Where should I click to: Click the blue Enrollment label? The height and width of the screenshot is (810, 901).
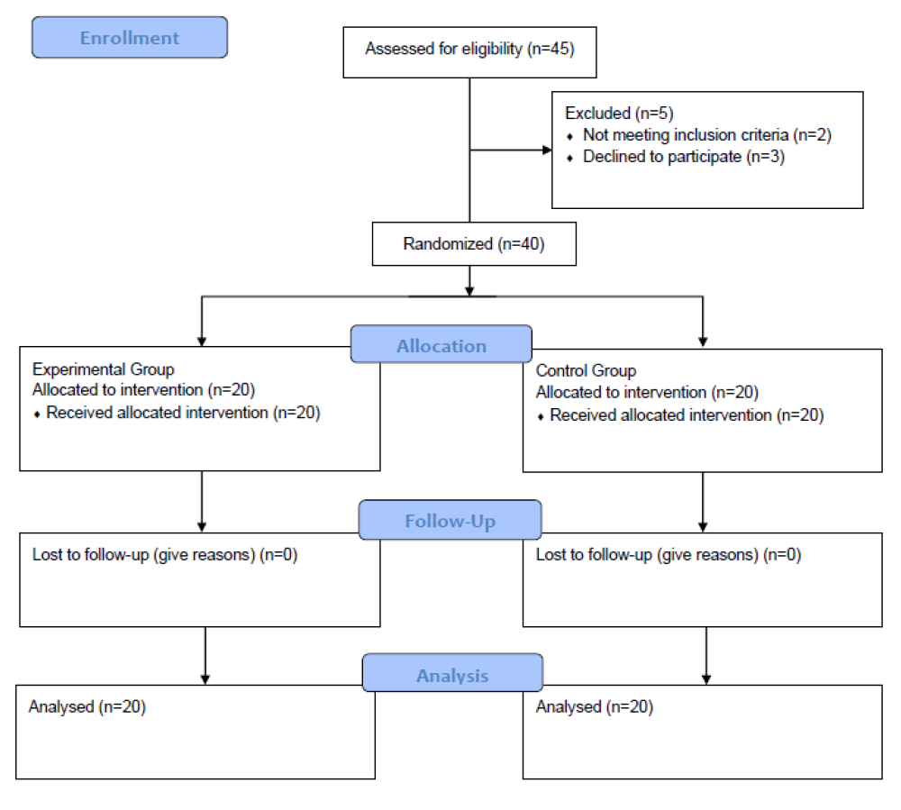pyautogui.click(x=130, y=38)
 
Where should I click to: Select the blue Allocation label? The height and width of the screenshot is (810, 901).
pyautogui.click(x=441, y=345)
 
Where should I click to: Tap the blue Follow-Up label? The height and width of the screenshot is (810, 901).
pyautogui.click(x=450, y=521)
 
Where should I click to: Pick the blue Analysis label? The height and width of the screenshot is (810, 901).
pyautogui.click(x=452, y=674)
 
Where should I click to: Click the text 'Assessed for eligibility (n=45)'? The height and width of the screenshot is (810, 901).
pyautogui.click(x=469, y=49)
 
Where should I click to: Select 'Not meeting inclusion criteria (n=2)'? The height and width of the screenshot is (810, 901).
pyautogui.click(x=706, y=135)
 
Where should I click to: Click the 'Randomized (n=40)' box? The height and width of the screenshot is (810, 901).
pyautogui.click(x=474, y=244)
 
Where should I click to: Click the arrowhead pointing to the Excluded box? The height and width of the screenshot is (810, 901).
pyautogui.click(x=545, y=150)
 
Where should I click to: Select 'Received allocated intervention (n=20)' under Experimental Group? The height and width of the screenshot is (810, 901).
pyautogui.click(x=183, y=414)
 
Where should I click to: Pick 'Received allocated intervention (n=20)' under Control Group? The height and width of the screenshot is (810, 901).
pyautogui.click(x=687, y=415)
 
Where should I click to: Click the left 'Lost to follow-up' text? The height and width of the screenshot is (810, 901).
pyautogui.click(x=165, y=555)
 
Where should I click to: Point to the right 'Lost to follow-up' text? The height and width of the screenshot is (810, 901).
pyautogui.click(x=669, y=555)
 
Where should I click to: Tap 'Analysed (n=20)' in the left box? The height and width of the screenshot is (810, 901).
pyautogui.click(x=87, y=707)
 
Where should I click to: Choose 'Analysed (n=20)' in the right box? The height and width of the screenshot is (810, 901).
pyautogui.click(x=595, y=707)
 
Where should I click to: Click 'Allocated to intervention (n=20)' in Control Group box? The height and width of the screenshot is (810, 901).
pyautogui.click(x=647, y=393)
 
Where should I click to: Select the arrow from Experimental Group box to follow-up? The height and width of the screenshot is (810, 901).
pyautogui.click(x=202, y=501)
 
